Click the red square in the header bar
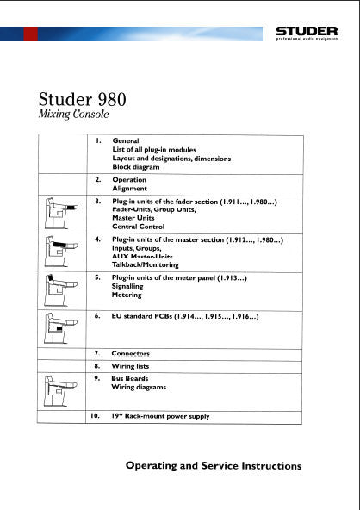point(31,34)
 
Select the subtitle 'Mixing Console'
point(74,115)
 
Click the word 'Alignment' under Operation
point(130,188)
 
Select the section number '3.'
point(98,202)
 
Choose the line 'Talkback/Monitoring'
point(146,264)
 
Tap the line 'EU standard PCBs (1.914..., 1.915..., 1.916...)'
point(186,318)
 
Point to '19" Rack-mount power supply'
point(161,417)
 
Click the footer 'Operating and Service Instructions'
point(214,466)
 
